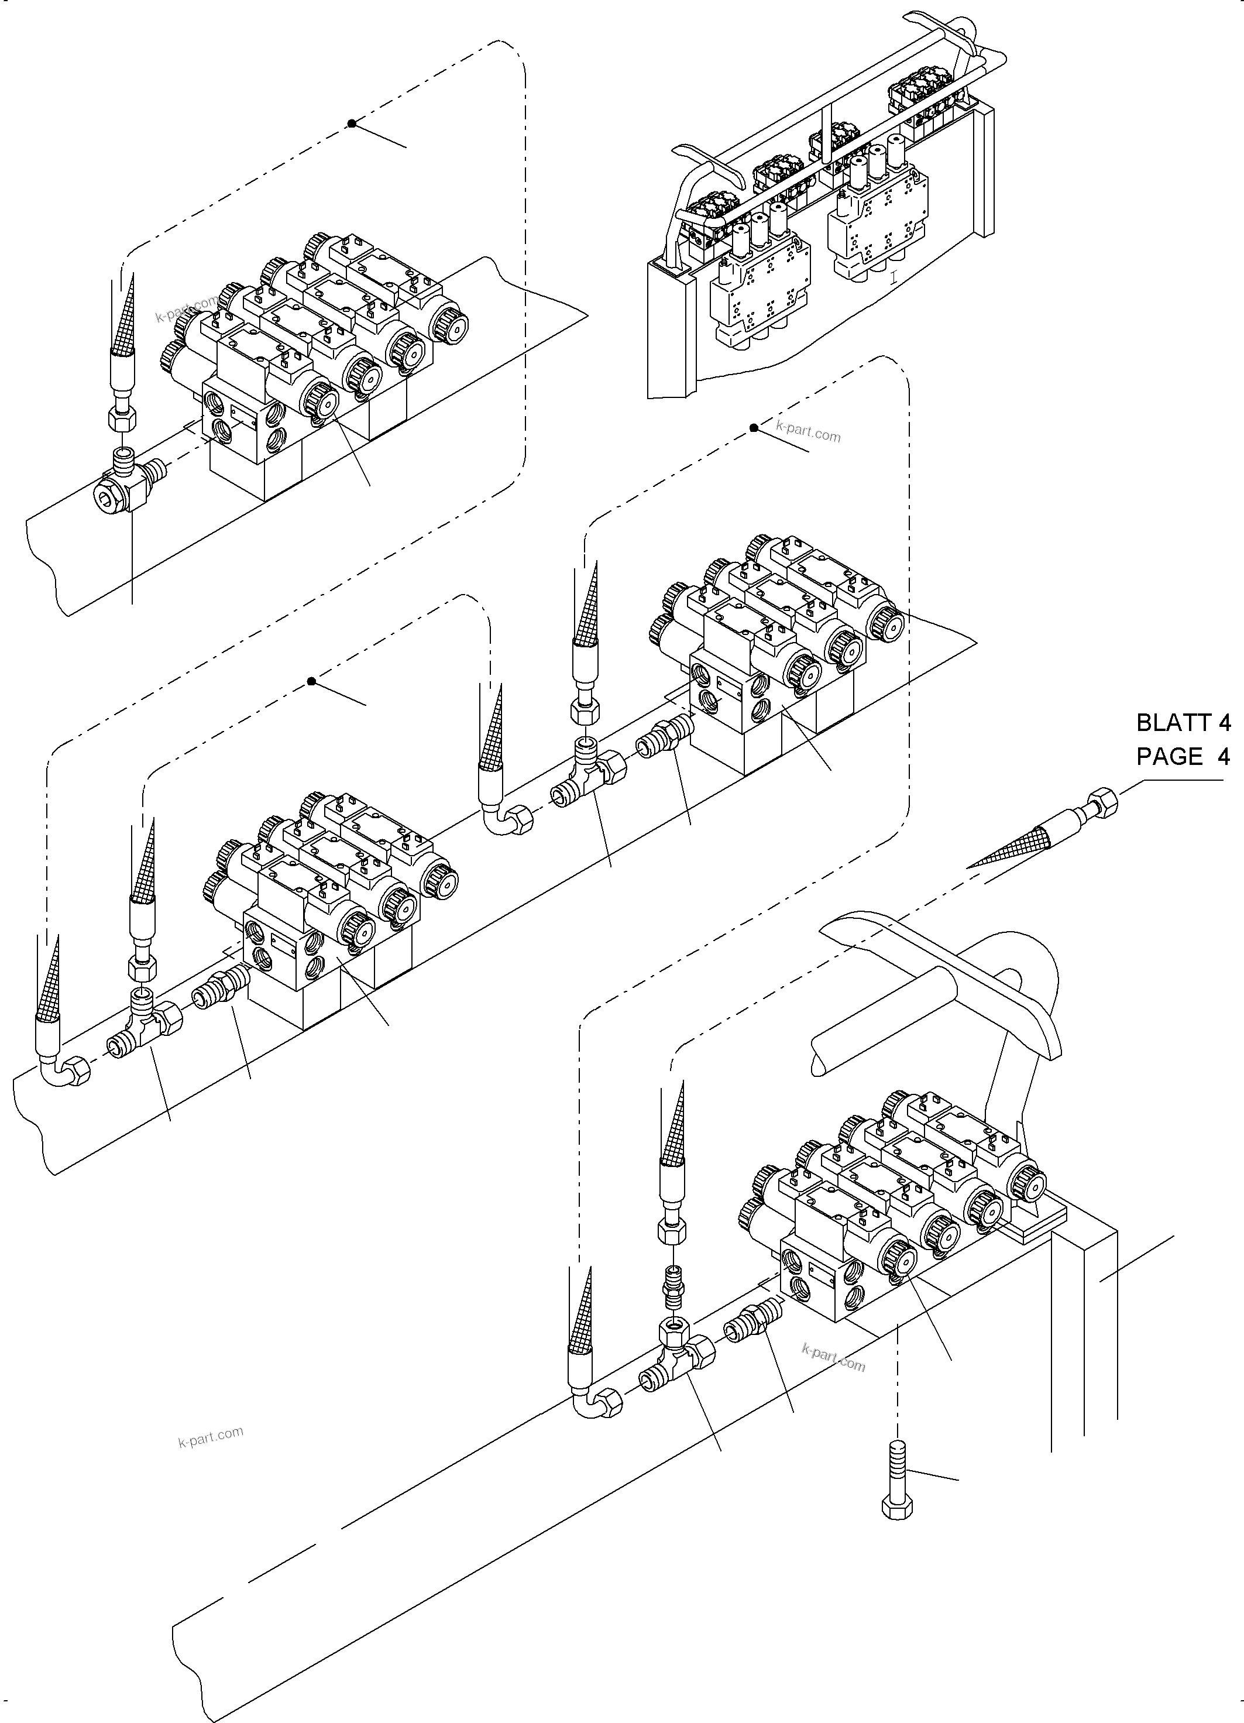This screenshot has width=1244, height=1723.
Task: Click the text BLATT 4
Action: pyautogui.click(x=1183, y=722)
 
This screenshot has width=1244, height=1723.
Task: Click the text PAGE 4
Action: pyautogui.click(x=1183, y=757)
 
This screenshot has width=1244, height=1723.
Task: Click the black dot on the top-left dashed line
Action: pyautogui.click(x=352, y=123)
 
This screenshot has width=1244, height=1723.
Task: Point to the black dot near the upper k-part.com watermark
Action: pyautogui.click(x=754, y=428)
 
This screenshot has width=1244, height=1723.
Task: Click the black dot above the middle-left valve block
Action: pyautogui.click(x=311, y=681)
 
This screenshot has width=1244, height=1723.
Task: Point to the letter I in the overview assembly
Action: pyautogui.click(x=893, y=278)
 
